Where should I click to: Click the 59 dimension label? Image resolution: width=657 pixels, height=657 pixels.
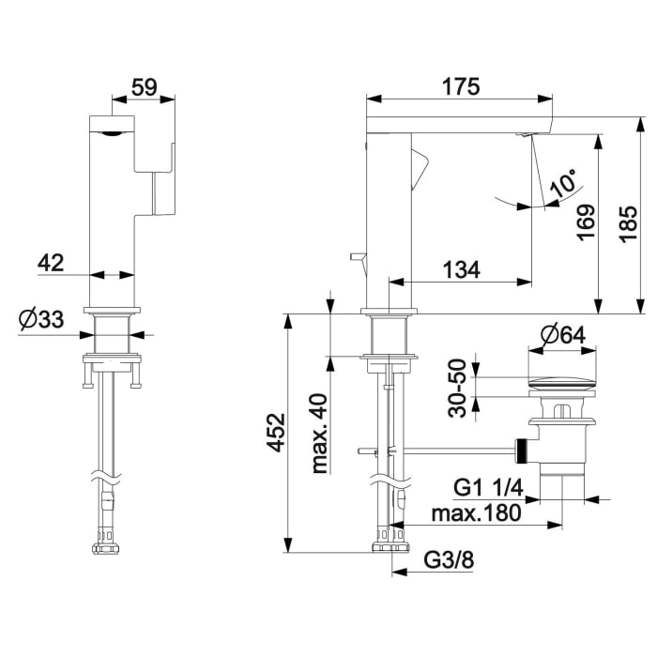pyautogui.click(x=145, y=87)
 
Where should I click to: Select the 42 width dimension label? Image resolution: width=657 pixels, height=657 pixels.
pyautogui.click(x=51, y=263)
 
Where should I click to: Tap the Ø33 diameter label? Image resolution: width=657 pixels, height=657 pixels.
pyautogui.click(x=41, y=319)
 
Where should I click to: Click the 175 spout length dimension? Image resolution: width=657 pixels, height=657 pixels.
pyautogui.click(x=461, y=87)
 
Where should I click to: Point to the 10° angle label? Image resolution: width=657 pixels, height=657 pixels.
pyautogui.click(x=564, y=183)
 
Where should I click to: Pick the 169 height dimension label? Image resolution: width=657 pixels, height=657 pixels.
pyautogui.click(x=586, y=222)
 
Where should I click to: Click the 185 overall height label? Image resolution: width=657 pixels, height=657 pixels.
pyautogui.click(x=629, y=223)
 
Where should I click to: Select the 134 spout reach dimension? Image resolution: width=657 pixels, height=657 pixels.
pyautogui.click(x=462, y=269)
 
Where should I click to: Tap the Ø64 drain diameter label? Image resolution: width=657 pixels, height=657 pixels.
pyautogui.click(x=563, y=335)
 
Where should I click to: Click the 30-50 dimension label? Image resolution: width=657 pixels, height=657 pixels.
pyautogui.click(x=457, y=389)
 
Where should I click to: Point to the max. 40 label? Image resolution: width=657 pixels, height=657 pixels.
pyautogui.click(x=320, y=434)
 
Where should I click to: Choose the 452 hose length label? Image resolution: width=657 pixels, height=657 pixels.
pyautogui.click(x=277, y=433)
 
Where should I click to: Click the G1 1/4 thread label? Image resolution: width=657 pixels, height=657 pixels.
pyautogui.click(x=489, y=488)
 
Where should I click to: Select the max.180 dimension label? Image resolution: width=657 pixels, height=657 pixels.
pyautogui.click(x=477, y=512)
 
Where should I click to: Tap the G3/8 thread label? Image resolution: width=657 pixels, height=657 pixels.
pyautogui.click(x=449, y=559)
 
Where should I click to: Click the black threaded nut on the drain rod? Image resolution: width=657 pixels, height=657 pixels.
pyautogui.click(x=521, y=451)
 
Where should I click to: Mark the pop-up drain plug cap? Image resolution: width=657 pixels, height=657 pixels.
pyautogui.click(x=562, y=383)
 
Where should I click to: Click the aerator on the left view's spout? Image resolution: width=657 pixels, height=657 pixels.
pyautogui.click(x=112, y=133)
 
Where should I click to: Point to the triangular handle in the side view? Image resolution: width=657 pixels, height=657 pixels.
pyautogui.click(x=420, y=169)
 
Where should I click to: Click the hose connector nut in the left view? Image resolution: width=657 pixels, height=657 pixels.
pyautogui.click(x=107, y=548)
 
